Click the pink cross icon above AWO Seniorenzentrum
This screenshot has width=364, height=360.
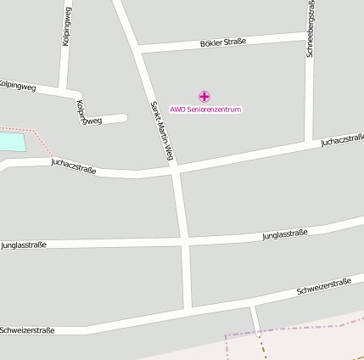(204, 97)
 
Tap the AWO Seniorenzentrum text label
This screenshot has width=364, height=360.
(205, 110)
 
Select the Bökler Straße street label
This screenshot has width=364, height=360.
(223, 42)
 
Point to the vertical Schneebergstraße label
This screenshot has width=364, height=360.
(311, 29)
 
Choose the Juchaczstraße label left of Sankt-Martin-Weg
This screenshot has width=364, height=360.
(73, 166)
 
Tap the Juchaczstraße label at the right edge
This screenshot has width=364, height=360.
(342, 140)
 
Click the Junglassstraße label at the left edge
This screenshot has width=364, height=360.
(24, 245)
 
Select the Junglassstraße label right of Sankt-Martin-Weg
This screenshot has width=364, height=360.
(285, 233)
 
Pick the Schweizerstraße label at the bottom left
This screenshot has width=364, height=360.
(28, 329)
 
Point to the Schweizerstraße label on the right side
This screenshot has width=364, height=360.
(323, 286)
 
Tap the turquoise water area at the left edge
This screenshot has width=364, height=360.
(12, 142)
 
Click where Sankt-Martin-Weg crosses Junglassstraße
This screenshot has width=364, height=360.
(185, 241)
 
